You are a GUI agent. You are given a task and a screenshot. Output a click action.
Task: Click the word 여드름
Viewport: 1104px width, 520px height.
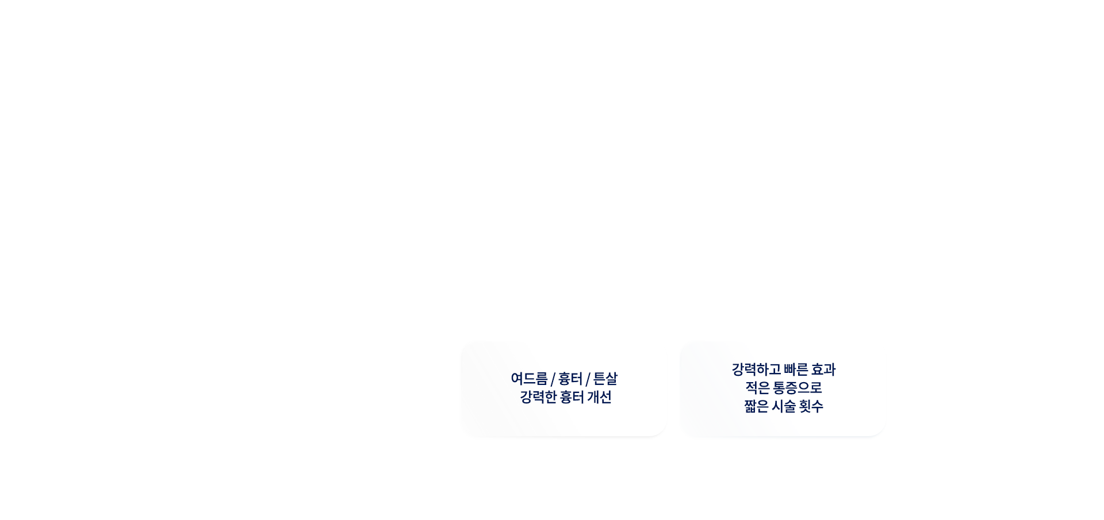click(x=529, y=379)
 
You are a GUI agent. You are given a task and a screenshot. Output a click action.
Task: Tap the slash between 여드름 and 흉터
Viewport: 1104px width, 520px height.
click(x=553, y=379)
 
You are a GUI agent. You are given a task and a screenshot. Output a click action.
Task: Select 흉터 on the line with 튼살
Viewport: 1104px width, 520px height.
click(x=570, y=379)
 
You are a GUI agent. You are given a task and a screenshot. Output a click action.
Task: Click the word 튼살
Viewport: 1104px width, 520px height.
click(x=605, y=379)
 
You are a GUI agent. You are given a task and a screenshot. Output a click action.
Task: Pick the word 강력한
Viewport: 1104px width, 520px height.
click(x=538, y=397)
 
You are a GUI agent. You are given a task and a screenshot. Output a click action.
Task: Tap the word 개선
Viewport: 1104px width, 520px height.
click(x=600, y=397)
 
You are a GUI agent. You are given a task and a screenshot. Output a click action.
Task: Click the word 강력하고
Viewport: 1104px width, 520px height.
click(x=756, y=369)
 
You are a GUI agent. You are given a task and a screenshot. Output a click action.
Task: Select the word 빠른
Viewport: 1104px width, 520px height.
click(x=796, y=369)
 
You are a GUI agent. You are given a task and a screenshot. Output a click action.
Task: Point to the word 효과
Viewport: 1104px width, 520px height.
click(x=823, y=369)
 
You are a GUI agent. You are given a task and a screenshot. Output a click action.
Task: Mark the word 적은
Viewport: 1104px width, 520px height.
click(x=758, y=388)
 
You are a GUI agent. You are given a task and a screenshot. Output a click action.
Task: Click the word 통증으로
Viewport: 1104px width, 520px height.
click(x=798, y=388)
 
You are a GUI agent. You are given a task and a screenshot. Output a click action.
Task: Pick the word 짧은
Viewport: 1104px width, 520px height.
click(x=757, y=406)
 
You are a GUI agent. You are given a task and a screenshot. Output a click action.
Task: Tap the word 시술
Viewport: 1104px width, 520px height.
click(x=784, y=406)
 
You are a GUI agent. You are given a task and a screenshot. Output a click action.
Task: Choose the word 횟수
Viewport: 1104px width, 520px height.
click(x=811, y=406)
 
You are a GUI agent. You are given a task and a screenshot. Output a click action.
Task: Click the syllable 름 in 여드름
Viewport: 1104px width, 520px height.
click(x=542, y=379)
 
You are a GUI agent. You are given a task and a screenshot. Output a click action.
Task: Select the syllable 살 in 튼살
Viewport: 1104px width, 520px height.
click(x=612, y=379)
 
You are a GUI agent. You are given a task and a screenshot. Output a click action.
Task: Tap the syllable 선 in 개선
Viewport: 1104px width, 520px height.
click(x=606, y=397)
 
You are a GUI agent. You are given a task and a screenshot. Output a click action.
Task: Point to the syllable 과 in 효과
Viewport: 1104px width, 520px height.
click(x=830, y=369)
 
